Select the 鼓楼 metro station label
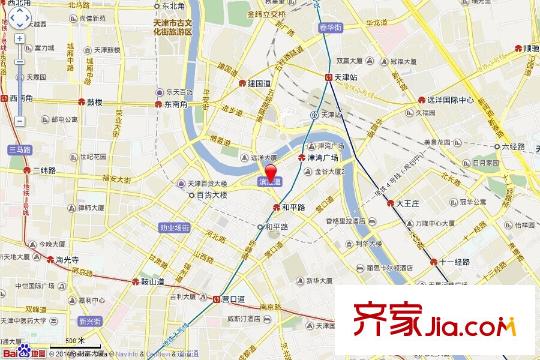(95, 102)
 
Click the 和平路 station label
(289, 206)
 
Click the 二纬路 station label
(43, 170)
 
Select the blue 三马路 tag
(19, 148)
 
